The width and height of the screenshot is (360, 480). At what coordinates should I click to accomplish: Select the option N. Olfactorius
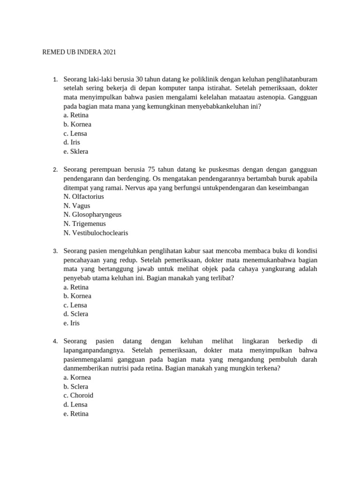coord(84,196)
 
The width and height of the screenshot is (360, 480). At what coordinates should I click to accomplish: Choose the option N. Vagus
coord(77,205)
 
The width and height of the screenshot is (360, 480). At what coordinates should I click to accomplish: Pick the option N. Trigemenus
coord(85,224)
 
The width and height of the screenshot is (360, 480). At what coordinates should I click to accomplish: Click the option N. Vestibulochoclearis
coord(96,232)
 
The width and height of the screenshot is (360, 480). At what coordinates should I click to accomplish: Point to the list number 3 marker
coord(55,251)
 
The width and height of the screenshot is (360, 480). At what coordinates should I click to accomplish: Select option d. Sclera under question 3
coord(76,314)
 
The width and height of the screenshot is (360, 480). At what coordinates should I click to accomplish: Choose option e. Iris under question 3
coord(72,323)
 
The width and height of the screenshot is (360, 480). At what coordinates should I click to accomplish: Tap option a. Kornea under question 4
coord(77,377)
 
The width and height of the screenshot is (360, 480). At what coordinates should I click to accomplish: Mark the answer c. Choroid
coord(78,395)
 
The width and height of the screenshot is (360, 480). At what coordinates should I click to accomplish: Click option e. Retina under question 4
coord(76,413)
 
